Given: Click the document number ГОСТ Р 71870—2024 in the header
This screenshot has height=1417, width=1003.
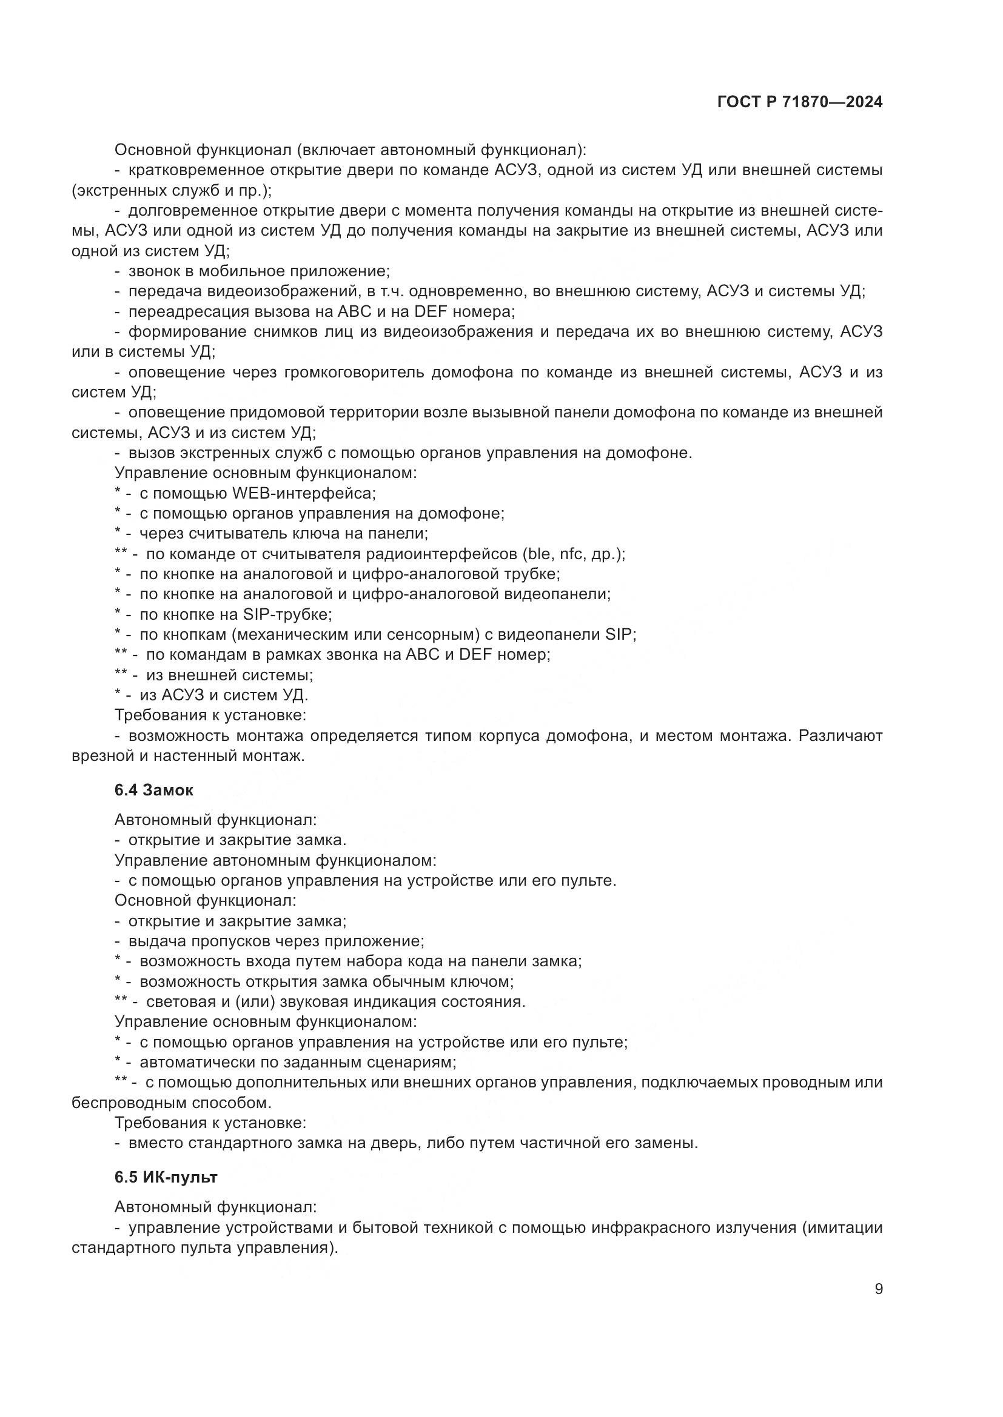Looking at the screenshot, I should [x=800, y=102].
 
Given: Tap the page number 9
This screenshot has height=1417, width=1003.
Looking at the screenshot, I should [x=879, y=1289].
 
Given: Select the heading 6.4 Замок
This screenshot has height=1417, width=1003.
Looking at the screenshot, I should [x=154, y=790].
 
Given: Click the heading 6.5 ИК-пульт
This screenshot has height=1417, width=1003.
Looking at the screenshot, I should [x=166, y=1177].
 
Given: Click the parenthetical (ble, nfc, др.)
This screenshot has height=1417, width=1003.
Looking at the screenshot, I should [x=572, y=554].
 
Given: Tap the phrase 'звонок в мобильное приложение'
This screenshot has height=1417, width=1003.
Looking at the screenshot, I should [x=259, y=271].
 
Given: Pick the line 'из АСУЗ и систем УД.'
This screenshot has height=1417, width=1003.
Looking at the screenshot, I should [x=224, y=695].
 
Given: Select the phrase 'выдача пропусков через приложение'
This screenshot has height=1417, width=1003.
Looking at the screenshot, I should [x=275, y=941].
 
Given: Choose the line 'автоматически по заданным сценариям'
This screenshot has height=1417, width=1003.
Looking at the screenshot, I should [x=298, y=1062].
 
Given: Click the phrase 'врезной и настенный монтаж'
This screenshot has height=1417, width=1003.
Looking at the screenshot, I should [x=189, y=755].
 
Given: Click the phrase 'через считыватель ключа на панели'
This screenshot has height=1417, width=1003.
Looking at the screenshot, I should [x=283, y=533].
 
